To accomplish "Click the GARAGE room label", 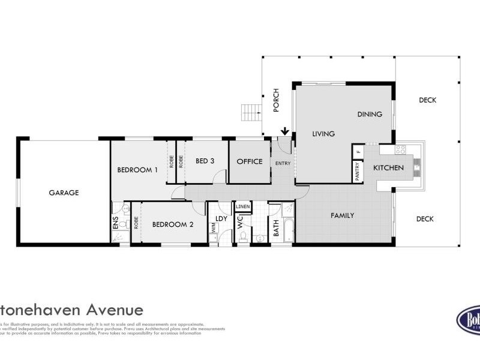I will pos(64,193).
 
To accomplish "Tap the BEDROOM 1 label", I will pos(137,170).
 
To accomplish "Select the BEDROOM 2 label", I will pos(173,225).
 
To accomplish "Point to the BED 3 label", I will pos(205,161).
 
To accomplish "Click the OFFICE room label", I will pos(250,161).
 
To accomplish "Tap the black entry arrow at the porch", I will pos(285,130).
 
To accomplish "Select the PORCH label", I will pos(276,100).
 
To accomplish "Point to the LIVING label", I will pos(323,134).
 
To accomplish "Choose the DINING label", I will pos(370,114).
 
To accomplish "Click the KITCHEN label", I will pos(389,168).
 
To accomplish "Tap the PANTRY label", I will pos(358,172).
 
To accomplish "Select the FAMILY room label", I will pos(343,215).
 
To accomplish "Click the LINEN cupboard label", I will pos(242,207).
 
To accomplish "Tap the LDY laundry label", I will pos(221,218).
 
